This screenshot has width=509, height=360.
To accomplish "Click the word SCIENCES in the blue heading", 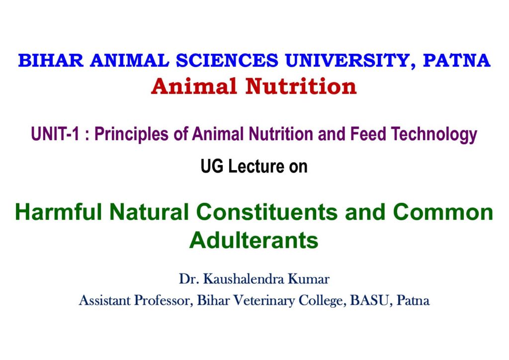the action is pyautogui.click(x=227, y=61).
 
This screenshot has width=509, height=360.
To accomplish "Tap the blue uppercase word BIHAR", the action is pyautogui.click(x=51, y=61).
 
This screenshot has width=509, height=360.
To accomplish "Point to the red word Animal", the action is pyautogui.click(x=194, y=87).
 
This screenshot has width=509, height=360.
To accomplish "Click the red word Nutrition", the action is pyautogui.click(x=301, y=87).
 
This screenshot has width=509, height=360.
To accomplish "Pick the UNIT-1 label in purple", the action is pyautogui.click(x=55, y=134).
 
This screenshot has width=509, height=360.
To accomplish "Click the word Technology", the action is pyautogui.click(x=434, y=135).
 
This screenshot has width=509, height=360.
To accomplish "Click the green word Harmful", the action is pyautogui.click(x=59, y=212).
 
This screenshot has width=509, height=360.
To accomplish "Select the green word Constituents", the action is pyautogui.click(x=267, y=212).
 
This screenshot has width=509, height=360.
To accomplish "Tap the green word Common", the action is pyautogui.click(x=443, y=212).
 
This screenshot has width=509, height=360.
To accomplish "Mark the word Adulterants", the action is pyautogui.click(x=254, y=241).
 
